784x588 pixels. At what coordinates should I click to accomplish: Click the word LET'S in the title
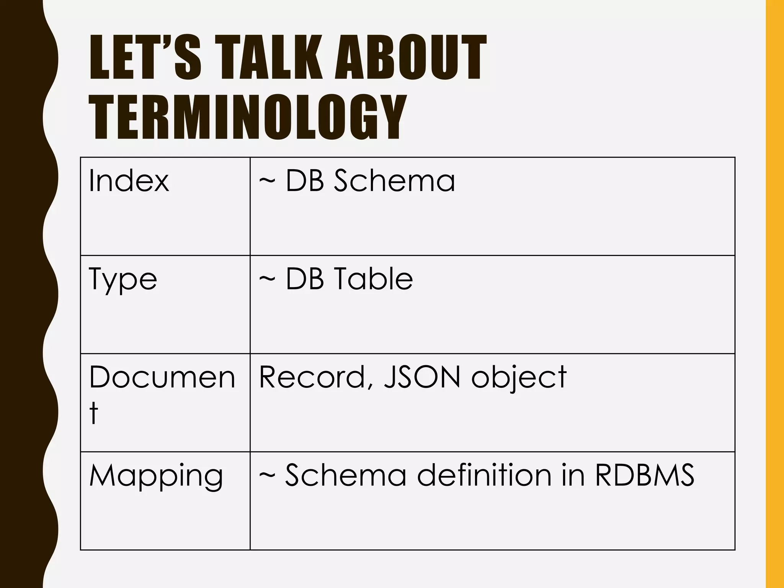145,57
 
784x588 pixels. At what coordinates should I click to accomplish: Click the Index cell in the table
129,180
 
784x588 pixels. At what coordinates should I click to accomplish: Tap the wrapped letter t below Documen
93,413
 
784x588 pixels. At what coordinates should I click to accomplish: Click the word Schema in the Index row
394,180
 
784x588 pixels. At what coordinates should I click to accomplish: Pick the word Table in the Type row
374,279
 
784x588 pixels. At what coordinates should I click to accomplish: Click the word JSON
421,377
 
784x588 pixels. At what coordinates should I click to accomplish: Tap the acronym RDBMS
644,475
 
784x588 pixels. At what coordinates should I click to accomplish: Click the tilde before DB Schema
267,180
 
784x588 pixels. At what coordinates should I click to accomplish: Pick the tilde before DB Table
267,279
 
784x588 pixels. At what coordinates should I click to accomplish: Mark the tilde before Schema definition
267,476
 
